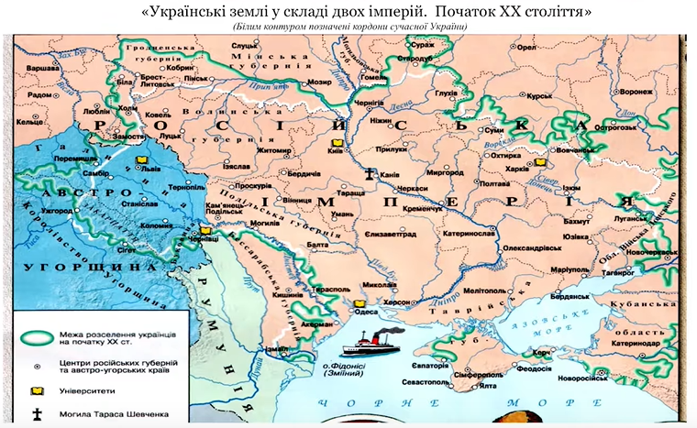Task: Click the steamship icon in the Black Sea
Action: (366, 346)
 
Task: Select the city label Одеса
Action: (366, 312)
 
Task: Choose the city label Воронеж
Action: (610, 93)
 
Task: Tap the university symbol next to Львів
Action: (142, 169)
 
